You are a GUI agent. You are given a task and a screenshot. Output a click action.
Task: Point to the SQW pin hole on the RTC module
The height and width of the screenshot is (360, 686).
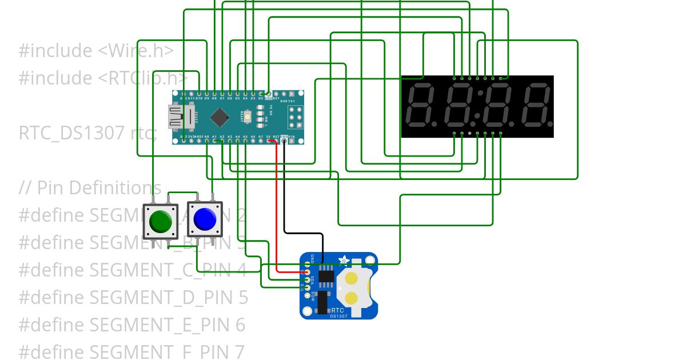[307, 295]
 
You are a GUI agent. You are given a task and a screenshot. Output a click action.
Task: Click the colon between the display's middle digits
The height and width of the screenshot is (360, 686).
[479, 107]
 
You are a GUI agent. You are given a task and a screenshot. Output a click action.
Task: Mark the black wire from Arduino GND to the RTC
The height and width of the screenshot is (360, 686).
[303, 233]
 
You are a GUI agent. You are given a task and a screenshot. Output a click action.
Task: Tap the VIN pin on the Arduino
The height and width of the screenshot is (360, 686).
[292, 141]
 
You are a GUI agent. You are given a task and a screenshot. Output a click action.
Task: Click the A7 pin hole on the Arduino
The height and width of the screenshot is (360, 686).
[261, 141]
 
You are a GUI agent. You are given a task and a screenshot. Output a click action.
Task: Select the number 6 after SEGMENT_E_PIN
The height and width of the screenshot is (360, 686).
[240, 325]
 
